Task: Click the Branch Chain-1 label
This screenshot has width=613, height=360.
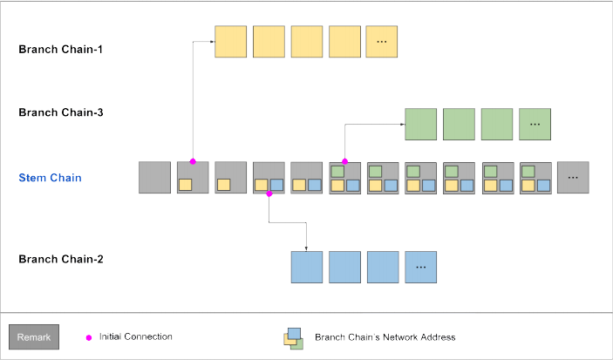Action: (61, 49)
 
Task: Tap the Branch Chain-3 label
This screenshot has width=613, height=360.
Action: (61, 112)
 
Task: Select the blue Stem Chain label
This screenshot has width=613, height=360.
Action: (51, 178)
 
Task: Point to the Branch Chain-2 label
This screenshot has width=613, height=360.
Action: (61, 259)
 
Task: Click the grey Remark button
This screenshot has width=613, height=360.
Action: (34, 336)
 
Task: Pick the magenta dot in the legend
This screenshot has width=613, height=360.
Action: (88, 336)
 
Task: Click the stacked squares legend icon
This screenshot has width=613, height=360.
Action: (292, 337)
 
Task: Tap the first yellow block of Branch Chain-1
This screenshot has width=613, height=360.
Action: (231, 42)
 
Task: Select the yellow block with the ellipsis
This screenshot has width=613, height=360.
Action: (382, 42)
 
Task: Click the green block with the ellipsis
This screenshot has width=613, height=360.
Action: (535, 125)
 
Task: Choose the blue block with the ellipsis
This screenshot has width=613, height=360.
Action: (420, 267)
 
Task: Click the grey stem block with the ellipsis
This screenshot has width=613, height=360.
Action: (573, 178)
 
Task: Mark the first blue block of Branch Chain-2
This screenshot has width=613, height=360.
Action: (306, 267)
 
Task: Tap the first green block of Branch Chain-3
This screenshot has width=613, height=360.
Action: (420, 125)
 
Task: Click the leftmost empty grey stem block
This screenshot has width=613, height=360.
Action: (154, 178)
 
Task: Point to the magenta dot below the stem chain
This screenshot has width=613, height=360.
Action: (269, 194)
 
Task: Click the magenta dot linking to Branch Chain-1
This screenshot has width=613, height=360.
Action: (193, 161)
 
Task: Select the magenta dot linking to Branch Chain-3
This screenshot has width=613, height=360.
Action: (345, 161)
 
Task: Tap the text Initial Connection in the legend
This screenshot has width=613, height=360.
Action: (135, 336)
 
